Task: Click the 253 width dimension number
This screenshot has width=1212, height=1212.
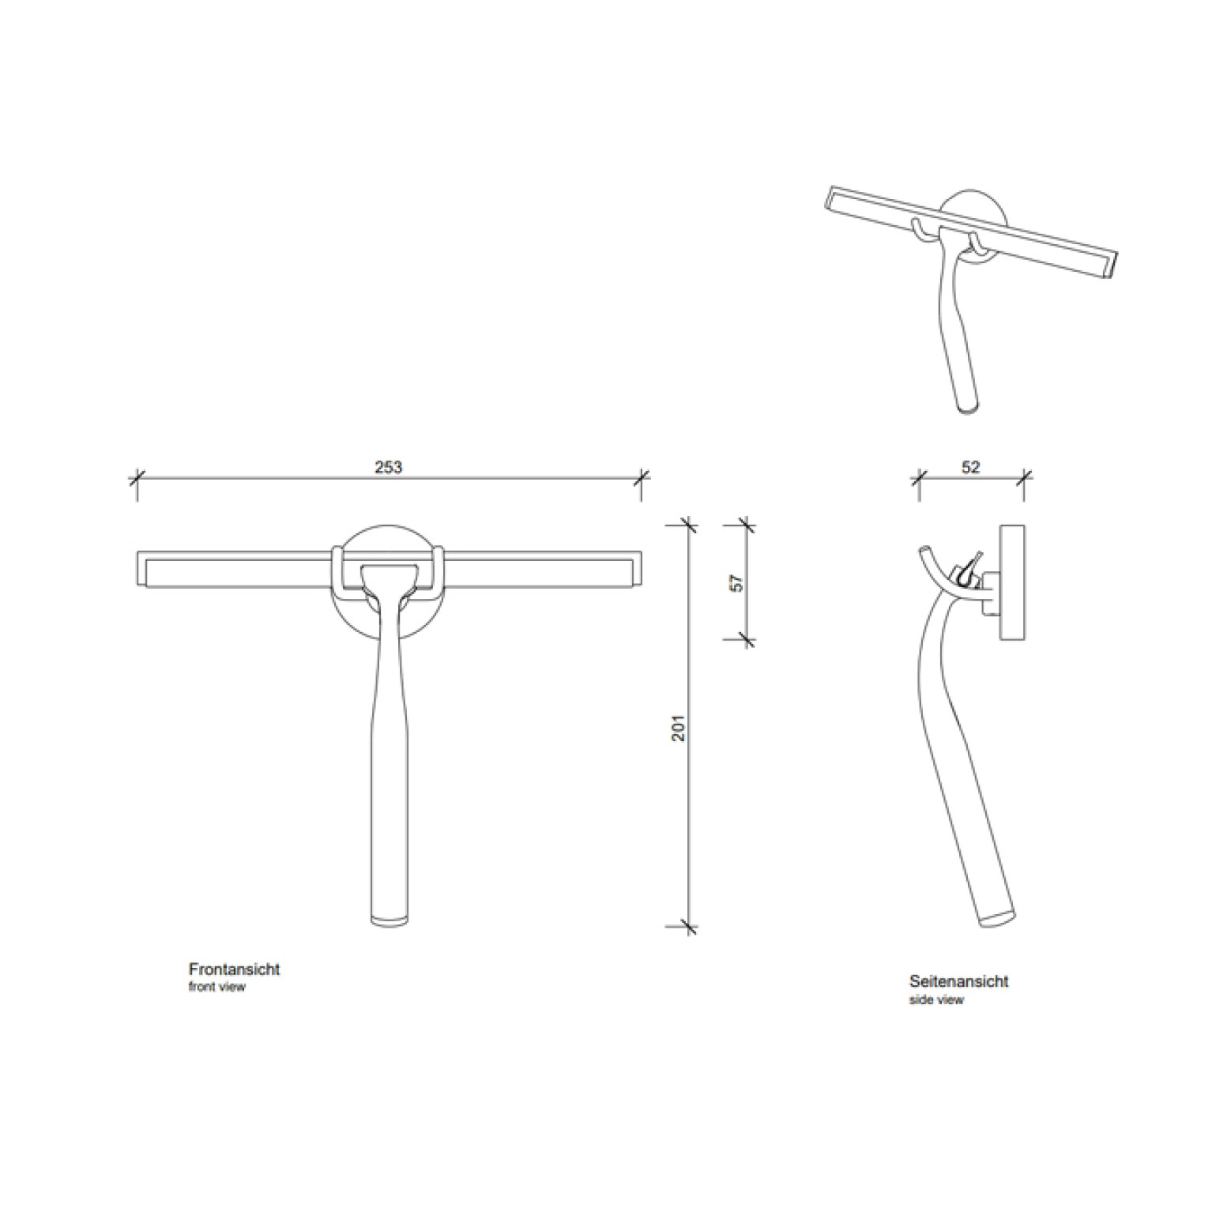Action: click(x=388, y=467)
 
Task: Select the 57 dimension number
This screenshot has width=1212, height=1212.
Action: click(x=736, y=583)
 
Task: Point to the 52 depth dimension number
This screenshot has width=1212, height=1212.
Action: click(x=971, y=467)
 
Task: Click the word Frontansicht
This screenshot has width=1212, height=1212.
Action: click(x=234, y=969)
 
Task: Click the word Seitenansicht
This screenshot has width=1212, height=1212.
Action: click(x=958, y=981)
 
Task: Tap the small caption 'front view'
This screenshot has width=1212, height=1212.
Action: click(x=216, y=987)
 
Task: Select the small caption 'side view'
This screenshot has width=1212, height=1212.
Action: click(x=936, y=999)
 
